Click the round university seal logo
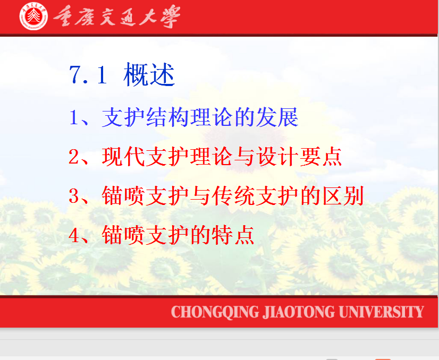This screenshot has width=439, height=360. [x=33, y=16]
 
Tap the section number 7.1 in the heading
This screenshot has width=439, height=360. [x=88, y=75]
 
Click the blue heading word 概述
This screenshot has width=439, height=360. [x=149, y=74]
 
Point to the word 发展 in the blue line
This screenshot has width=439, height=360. [x=277, y=117]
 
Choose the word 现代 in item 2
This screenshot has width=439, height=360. [x=123, y=157]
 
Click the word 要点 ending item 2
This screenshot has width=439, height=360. [x=321, y=157]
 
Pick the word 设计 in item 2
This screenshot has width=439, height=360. [x=277, y=157]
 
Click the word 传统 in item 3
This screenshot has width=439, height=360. [x=233, y=196]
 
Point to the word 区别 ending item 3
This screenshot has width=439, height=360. [x=343, y=196]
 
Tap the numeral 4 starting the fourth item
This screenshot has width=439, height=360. [x=74, y=235]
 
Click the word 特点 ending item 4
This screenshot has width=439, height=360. [x=233, y=235]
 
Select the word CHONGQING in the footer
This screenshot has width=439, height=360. [x=215, y=312]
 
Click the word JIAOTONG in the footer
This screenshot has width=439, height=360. [x=299, y=312]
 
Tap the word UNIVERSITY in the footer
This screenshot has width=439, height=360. [x=381, y=312]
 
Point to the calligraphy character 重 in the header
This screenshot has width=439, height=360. [x=64, y=16]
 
